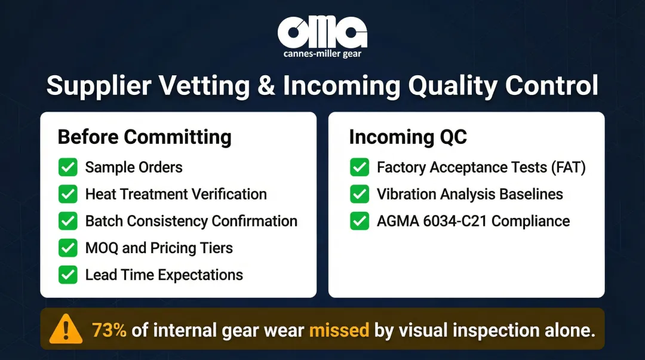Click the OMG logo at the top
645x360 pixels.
click(322, 33)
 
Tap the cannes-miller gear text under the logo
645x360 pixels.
click(322, 54)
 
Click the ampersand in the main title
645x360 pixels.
click(266, 85)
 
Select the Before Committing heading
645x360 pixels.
click(144, 137)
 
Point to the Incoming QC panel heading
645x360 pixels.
click(407, 137)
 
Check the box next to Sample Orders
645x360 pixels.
click(67, 167)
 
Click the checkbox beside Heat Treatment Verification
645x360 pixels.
click(67, 194)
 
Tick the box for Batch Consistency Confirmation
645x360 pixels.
click(67, 221)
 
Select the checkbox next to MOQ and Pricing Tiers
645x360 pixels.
click(67, 248)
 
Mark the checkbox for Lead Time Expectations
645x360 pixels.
click(67, 275)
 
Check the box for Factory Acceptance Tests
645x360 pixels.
click(359, 167)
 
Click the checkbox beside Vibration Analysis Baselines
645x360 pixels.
click(359, 194)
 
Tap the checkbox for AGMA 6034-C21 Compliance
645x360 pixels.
click(359, 221)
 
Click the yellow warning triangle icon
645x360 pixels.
click(66, 329)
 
